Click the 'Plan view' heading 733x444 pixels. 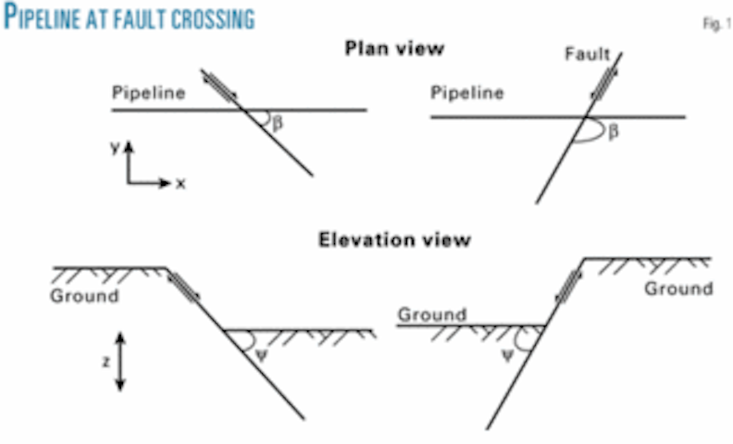click(x=394, y=48)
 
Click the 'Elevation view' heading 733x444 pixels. click(x=394, y=239)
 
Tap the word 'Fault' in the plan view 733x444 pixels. click(x=586, y=54)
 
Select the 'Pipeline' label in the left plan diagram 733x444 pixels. click(x=148, y=93)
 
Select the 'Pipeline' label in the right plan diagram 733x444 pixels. click(x=467, y=93)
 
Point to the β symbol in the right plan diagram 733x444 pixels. click(x=613, y=131)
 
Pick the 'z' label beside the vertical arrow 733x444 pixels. click(x=106, y=362)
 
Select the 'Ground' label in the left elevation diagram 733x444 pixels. click(x=84, y=296)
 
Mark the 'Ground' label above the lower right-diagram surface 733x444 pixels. click(x=432, y=315)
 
